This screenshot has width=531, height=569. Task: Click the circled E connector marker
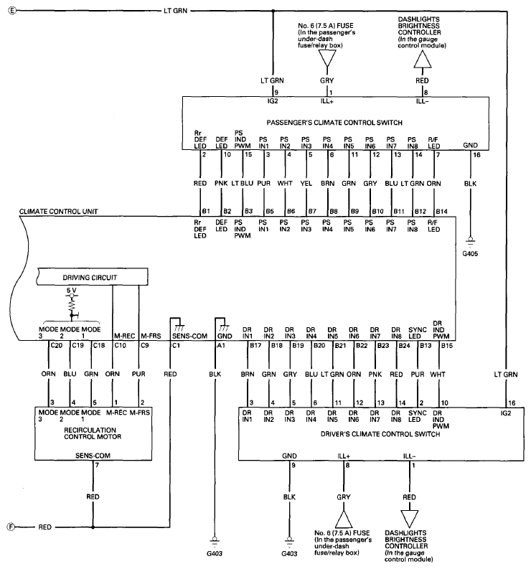(x=12, y=11)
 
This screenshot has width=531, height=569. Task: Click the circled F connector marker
(x=11, y=527)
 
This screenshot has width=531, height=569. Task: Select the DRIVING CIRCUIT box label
(x=90, y=278)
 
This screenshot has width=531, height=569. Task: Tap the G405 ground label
(x=470, y=254)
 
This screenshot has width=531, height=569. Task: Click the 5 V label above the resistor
(x=72, y=291)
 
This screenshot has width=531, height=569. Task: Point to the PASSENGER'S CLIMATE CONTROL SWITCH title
(x=334, y=123)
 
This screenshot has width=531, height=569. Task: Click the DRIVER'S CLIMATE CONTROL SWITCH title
(x=380, y=434)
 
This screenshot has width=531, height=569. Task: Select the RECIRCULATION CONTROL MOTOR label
(x=93, y=433)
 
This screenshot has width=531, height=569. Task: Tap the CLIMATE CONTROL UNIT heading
(x=58, y=211)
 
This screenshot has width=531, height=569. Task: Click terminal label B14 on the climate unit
(x=442, y=211)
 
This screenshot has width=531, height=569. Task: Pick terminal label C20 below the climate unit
(x=56, y=345)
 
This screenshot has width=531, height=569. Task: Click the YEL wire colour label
(x=306, y=183)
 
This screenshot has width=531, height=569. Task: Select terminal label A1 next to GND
(x=221, y=345)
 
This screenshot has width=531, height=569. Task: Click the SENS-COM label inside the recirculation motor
(x=93, y=456)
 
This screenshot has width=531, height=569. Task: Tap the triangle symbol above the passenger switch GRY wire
(x=327, y=58)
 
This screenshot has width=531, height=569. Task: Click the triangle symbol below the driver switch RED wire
(x=410, y=519)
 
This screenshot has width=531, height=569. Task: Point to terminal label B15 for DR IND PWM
(x=447, y=345)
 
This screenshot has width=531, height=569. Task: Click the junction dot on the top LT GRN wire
(x=273, y=11)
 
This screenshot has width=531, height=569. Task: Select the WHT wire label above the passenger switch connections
(x=285, y=183)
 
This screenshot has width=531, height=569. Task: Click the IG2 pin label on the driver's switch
(x=506, y=413)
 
